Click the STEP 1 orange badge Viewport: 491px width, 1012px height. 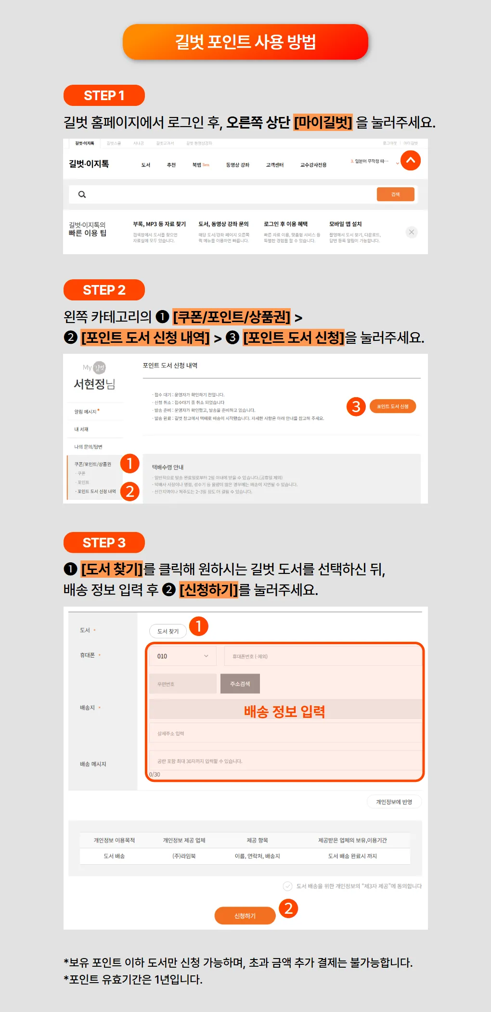pos(104,95)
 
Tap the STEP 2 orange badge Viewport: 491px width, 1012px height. pos(104,290)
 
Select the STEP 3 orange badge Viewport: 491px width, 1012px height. pos(104,543)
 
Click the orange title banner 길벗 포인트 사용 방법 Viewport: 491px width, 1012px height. pos(245,42)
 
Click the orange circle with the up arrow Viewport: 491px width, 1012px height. pos(411,160)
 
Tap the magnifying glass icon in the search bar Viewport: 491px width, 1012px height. pos(82,195)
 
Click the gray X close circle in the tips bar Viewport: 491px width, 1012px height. pos(412,232)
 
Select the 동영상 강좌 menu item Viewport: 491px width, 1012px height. pos(238,165)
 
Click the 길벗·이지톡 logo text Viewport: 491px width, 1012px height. pos(89,164)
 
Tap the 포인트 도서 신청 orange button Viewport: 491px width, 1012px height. pos(393,406)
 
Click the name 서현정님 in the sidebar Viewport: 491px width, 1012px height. pos(94,384)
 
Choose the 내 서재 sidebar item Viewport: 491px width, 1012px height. pos(81,429)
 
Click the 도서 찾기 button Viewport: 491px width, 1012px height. pos(168,631)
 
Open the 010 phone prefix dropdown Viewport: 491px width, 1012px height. pos(183,656)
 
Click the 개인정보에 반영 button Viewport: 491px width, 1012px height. pos(394,802)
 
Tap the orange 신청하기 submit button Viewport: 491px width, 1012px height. pos(245,916)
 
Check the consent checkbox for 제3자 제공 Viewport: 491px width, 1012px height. pos(288,886)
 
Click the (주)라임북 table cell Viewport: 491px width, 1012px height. pos(184,856)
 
